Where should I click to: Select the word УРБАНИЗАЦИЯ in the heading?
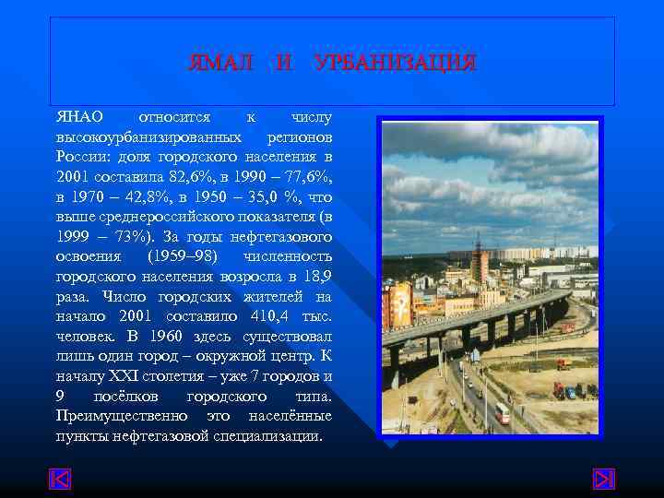(396, 64)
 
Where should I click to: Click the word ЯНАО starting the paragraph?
(79, 118)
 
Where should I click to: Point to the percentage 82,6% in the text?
(192, 174)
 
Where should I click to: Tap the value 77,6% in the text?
(304, 174)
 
